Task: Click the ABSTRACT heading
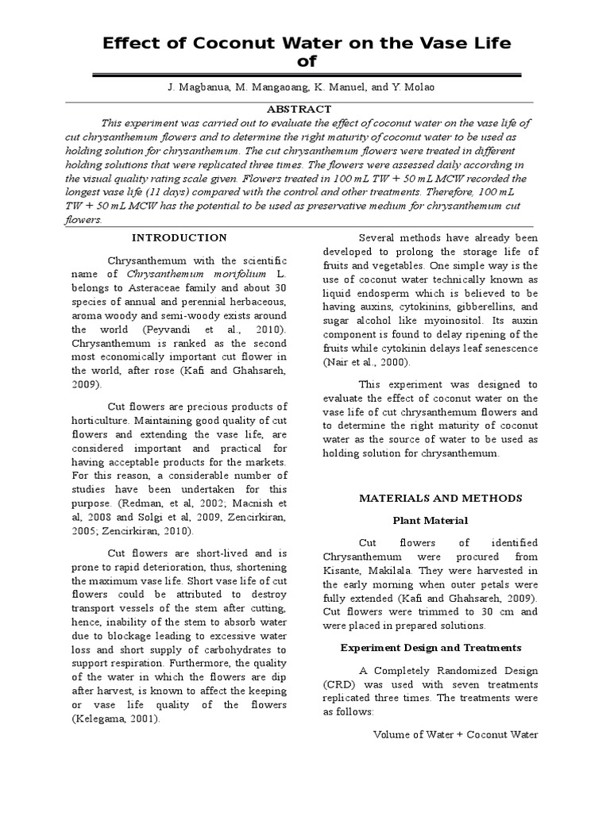tap(299, 109)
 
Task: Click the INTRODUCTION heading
tap(179, 237)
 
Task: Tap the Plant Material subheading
tap(430, 520)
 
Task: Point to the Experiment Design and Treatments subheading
tap(430, 647)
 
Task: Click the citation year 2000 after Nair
tap(393, 363)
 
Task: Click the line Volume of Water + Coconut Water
tap(455, 734)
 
